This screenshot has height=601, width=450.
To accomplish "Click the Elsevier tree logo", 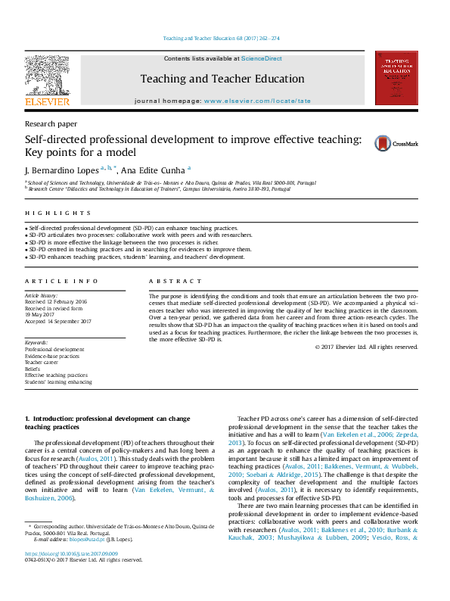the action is (x=47, y=76).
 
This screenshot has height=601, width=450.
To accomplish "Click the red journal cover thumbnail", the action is (x=401, y=78).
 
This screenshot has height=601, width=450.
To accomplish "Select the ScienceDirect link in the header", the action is (x=261, y=58).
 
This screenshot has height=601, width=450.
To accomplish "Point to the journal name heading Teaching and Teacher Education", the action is (x=222, y=79).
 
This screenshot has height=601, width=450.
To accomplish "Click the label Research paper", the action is (x=51, y=123).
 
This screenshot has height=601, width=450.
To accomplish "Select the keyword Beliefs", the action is (x=35, y=369).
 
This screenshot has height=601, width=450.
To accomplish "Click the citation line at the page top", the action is (x=222, y=39).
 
